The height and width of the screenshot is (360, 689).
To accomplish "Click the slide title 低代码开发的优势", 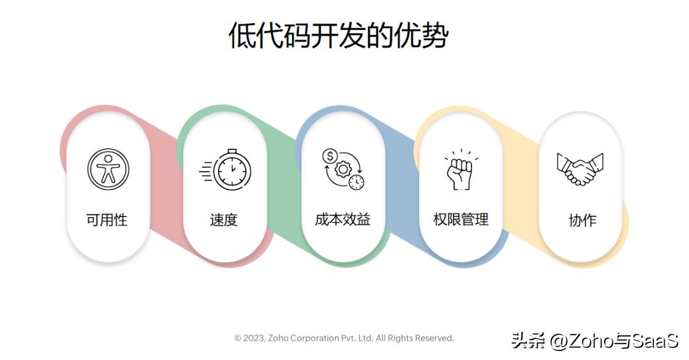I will point(338,36).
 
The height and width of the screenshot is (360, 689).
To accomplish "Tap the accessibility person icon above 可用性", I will point(108,170).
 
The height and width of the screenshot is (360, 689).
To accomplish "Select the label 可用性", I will point(107,220).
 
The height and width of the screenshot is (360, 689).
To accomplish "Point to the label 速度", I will point(224,220).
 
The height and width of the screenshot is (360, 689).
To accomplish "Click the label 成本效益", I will point(343,220).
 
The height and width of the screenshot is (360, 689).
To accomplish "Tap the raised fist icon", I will point(460,170).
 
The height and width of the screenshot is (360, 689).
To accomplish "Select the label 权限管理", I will point(461,220).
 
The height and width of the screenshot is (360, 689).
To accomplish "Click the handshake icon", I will point(580,169).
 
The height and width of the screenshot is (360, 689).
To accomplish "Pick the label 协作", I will point(582,221).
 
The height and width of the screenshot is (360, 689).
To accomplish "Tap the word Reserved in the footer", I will point(434,338).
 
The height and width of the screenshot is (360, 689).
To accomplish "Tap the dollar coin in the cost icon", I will point(330,155).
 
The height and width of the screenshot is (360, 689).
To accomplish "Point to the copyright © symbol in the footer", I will point(238,338).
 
